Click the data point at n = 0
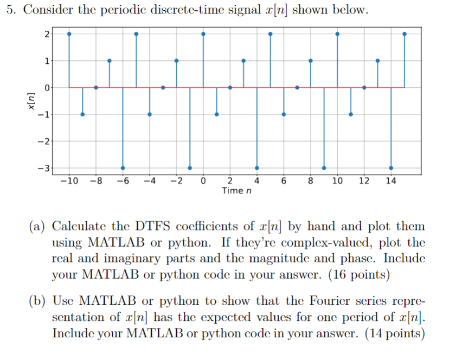(203, 34)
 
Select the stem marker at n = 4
(257, 168)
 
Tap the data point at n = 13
(377, 61)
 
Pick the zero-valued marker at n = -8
(96, 87)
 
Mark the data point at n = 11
(351, 114)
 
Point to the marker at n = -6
(123, 168)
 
